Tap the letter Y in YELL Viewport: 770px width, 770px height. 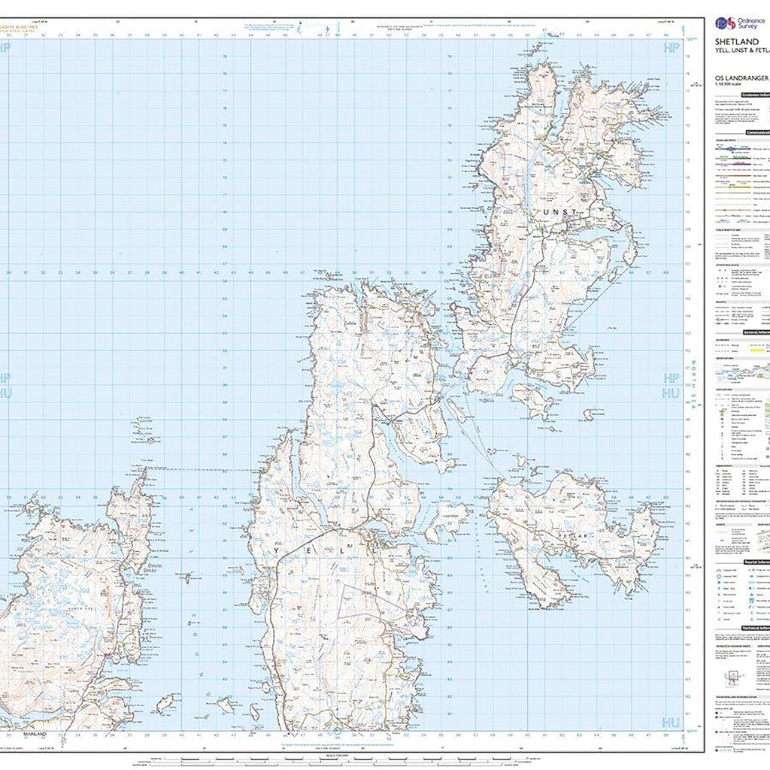[x=282, y=551]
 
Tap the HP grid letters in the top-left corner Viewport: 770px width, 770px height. [x=7, y=47]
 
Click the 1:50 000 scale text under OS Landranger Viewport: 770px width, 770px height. [x=728, y=84]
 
